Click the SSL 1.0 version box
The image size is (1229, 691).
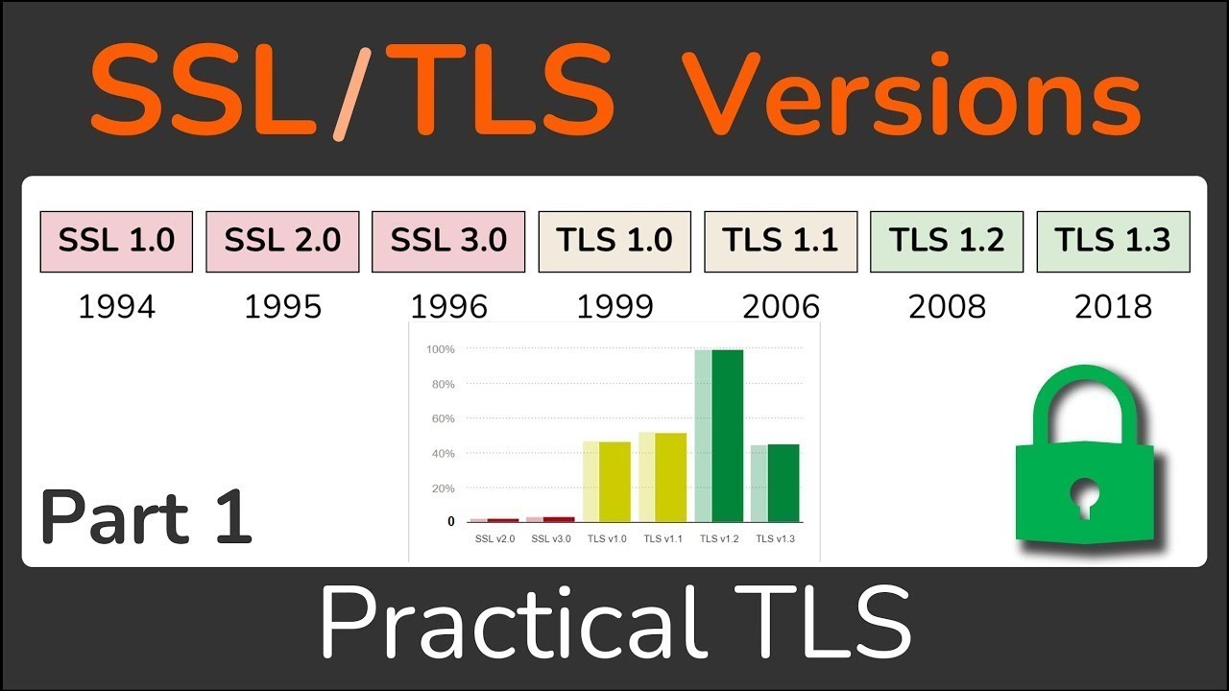point(116,241)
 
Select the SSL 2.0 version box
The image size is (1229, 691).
point(282,241)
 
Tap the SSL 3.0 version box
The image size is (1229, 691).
point(448,241)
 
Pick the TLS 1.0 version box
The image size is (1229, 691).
point(614,241)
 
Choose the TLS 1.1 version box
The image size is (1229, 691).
point(781,241)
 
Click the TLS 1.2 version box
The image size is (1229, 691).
point(947,241)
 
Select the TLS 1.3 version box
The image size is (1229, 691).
point(1113,241)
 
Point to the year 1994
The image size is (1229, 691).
point(116,306)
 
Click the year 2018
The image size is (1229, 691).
point(1113,306)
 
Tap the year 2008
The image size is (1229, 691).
point(947,306)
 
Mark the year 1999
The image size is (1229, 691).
point(614,306)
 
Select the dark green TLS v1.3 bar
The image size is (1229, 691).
point(783,483)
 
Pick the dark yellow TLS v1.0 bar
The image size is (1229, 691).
point(614,481)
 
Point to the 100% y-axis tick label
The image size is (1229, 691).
point(441,349)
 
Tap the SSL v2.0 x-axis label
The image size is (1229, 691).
point(494,538)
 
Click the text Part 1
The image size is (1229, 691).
point(146,516)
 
